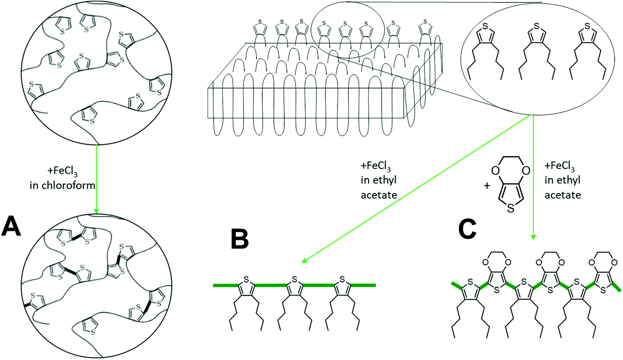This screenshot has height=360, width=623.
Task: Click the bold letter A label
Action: coord(11,226)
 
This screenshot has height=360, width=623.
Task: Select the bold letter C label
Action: coord(467,229)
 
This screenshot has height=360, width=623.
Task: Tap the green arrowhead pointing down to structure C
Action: coord(533,237)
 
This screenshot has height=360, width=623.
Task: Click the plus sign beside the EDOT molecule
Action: coord(487,186)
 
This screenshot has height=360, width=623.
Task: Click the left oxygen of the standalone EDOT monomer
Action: coord(495,170)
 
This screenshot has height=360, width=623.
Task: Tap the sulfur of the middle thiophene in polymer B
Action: coord(294,280)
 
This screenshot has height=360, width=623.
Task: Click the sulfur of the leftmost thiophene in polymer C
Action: coord(470,282)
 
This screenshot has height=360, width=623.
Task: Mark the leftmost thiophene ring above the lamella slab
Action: coord(260,28)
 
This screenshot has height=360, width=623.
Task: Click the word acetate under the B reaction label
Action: coord(379,195)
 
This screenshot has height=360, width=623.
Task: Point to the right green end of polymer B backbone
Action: coord(373,285)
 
